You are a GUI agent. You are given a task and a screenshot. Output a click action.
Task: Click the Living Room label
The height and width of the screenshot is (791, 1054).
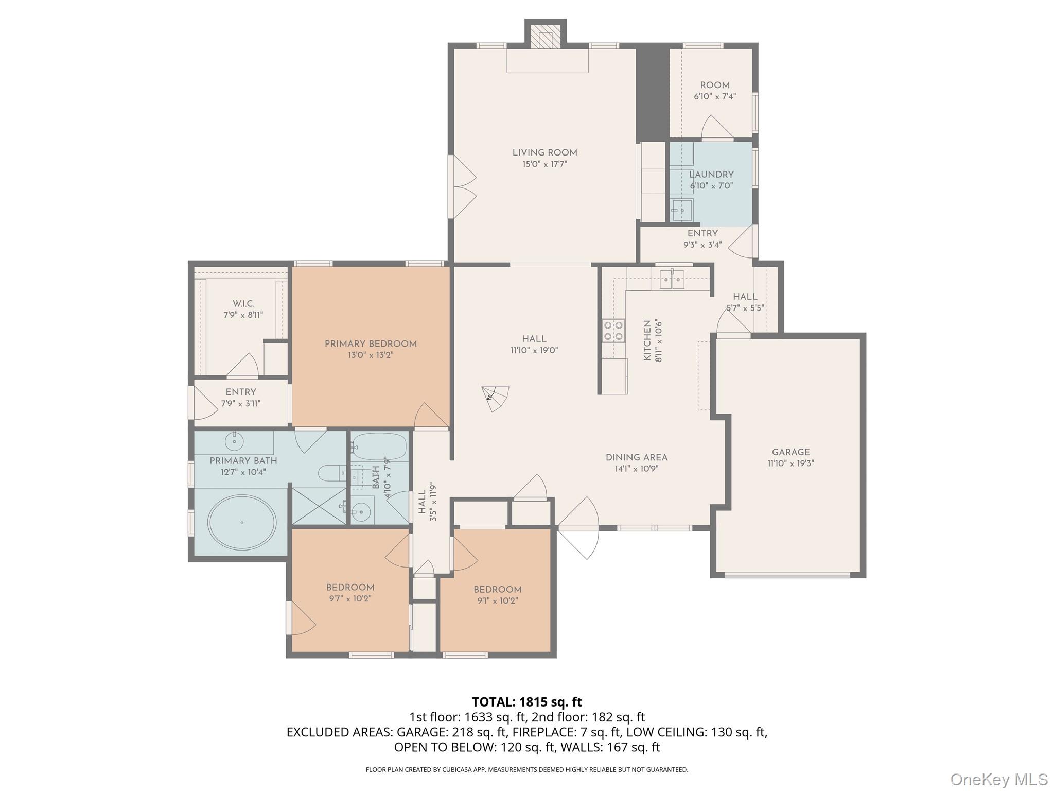coord(544,153)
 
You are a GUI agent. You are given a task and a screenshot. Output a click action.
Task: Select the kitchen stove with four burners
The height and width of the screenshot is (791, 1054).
coord(614,331)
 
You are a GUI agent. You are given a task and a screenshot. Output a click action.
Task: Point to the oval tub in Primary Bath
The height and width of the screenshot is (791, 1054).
coord(242,522)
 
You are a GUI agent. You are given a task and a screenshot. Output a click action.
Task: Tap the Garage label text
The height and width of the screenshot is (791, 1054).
coord(790,452)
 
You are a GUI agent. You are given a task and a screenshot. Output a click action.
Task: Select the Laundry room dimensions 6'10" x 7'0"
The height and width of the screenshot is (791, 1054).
coord(711,186)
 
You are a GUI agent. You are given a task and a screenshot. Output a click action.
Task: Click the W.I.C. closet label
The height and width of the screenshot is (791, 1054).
coord(243,304)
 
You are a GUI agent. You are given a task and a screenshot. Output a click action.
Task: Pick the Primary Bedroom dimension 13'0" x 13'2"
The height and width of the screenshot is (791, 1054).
coord(370,355)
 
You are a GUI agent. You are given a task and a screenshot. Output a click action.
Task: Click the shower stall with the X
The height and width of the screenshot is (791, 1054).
coord(319,506)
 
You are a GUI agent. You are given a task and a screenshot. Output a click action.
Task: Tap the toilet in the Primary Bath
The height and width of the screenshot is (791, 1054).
coord(332,473)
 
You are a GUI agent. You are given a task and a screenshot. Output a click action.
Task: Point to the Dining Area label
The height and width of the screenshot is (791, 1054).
coord(637,457)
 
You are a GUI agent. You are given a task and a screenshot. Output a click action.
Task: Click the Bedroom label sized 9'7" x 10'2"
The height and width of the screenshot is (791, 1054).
coord(350,588)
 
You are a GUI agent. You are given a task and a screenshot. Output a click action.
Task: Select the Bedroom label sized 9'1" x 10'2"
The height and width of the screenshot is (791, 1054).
coord(498,590)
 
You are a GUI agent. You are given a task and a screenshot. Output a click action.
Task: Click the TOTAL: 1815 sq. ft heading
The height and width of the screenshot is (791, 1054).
coord(527,702)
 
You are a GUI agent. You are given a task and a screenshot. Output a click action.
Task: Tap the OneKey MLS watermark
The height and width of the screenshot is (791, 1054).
coord(999,779)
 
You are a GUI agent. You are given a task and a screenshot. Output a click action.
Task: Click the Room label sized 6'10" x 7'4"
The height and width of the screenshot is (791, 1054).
coord(715,85)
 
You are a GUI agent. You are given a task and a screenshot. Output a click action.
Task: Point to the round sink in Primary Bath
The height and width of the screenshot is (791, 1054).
coord(235,441)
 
